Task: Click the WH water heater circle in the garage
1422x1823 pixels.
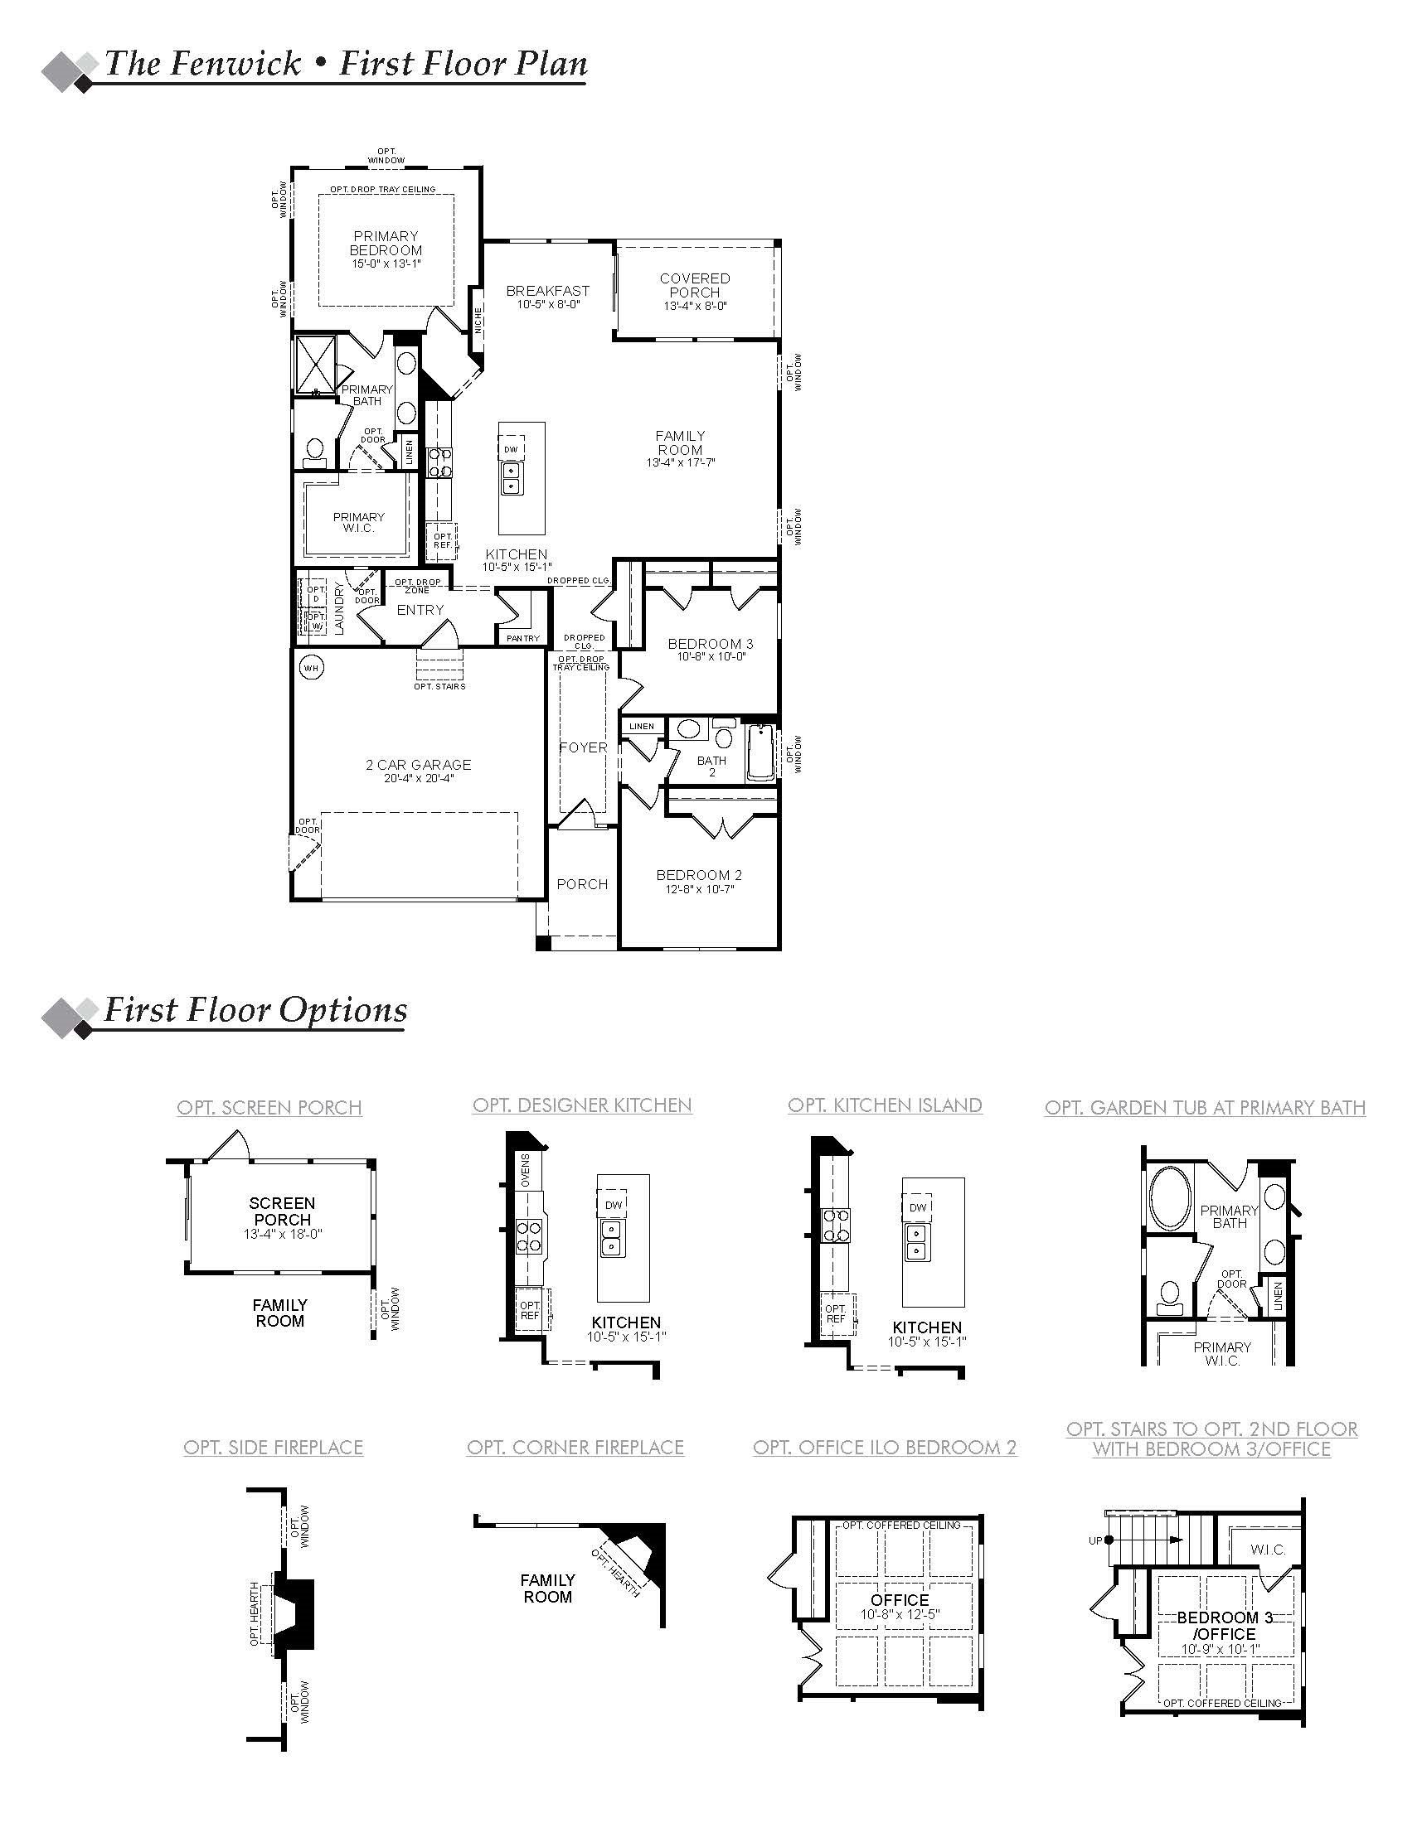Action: (312, 668)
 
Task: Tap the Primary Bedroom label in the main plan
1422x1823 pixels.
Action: (386, 243)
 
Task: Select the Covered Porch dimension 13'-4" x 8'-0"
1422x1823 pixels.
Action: (695, 307)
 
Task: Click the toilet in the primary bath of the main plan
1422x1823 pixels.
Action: (315, 452)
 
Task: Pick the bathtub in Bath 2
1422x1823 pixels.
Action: (760, 752)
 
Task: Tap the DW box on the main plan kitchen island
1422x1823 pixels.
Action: (512, 449)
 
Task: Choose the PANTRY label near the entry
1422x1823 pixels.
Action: (523, 638)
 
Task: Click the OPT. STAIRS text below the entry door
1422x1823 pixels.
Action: (439, 686)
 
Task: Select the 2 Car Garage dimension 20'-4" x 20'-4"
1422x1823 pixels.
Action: (419, 778)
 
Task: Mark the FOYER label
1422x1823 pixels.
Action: (583, 747)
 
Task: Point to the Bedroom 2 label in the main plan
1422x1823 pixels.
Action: (699, 875)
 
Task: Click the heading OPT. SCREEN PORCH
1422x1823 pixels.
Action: (269, 1108)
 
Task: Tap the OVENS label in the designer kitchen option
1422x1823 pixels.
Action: (525, 1170)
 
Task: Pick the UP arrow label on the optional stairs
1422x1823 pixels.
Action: (1095, 1541)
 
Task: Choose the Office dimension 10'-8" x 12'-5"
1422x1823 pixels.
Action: (900, 1615)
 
